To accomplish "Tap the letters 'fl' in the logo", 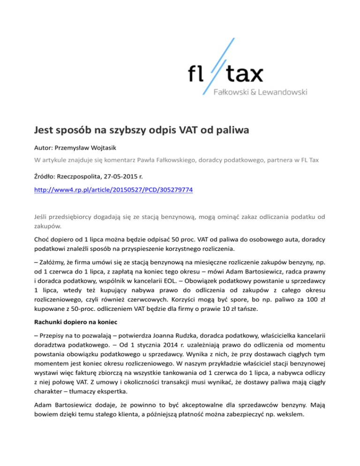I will (x=197, y=74).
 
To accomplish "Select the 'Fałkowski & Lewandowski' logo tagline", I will (x=261, y=93).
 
